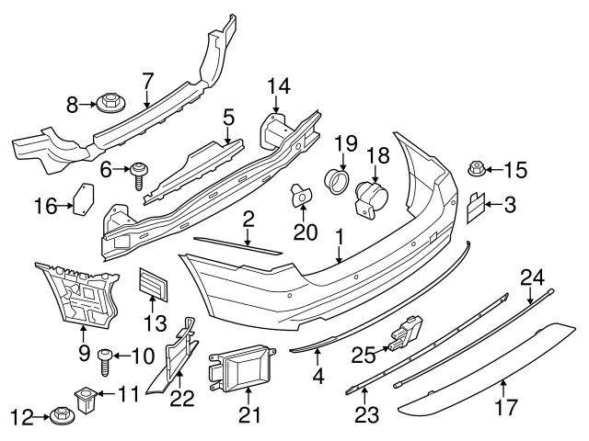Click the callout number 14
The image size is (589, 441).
(279, 86)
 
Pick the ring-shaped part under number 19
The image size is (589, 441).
(336, 179)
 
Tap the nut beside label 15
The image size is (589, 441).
(477, 168)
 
